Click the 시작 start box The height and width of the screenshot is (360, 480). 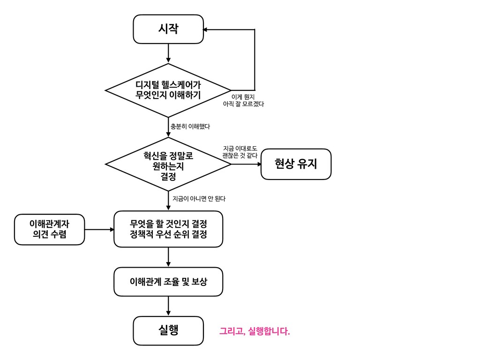coord(168,29)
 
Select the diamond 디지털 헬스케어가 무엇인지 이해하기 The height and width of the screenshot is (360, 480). coord(168,90)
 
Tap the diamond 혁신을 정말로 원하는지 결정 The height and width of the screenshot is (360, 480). coord(168,165)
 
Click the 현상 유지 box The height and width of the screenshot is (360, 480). coord(296,164)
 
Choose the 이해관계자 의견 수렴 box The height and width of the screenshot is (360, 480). coord(49,229)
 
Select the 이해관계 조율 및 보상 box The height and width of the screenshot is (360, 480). coord(168,282)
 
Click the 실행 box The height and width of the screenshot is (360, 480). coord(168,330)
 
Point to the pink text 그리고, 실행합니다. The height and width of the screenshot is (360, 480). coord(255,332)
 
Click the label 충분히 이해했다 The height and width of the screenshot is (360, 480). coord(190,127)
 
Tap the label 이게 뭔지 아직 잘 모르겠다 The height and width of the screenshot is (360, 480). coord(243,100)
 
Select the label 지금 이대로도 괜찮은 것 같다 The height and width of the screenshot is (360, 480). coord(240,152)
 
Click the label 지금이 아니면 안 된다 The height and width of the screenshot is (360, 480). coord(199,199)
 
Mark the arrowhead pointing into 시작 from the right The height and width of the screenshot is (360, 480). coord(206,30)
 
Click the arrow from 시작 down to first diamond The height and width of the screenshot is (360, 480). coord(168,53)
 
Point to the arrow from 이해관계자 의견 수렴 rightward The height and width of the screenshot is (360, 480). coord(99,230)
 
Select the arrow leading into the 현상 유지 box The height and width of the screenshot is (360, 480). coord(247,164)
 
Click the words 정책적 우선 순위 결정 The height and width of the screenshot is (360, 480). coord(168,234)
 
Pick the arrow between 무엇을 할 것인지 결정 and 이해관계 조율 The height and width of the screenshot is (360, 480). coord(168,257)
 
